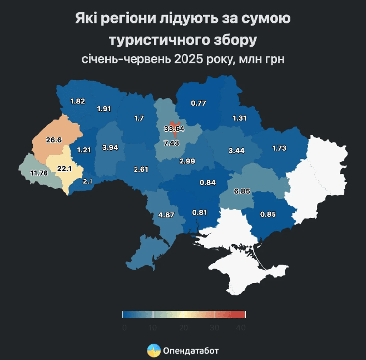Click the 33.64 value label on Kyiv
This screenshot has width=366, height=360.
tap(174, 129)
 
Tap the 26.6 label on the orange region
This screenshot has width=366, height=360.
tap(54, 140)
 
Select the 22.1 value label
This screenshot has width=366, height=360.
tap(65, 169)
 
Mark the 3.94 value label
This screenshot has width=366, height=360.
tap(110, 148)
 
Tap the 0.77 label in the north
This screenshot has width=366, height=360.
tap(198, 103)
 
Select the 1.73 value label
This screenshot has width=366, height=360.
tap(280, 148)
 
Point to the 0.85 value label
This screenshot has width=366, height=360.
tap(268, 214)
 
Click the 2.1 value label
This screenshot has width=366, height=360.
tap(87, 181)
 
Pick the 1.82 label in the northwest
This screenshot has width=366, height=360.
tap(78, 101)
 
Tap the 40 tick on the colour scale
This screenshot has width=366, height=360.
tap(241, 328)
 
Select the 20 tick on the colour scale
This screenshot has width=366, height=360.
tap(183, 328)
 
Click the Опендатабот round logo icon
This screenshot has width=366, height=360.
tap(154, 350)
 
